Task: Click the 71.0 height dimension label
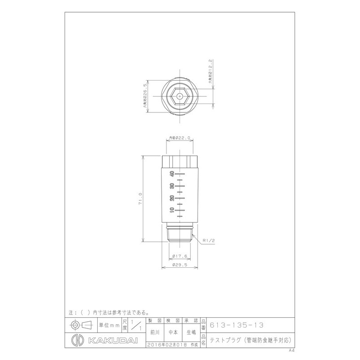[140, 198]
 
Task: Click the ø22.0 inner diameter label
[180, 139]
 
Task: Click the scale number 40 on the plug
[171, 174]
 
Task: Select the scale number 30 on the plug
[171, 186]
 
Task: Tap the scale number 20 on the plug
[171, 198]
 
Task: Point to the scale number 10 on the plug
[171, 210]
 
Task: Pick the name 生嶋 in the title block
[191, 333]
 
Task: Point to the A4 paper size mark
[292, 349]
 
